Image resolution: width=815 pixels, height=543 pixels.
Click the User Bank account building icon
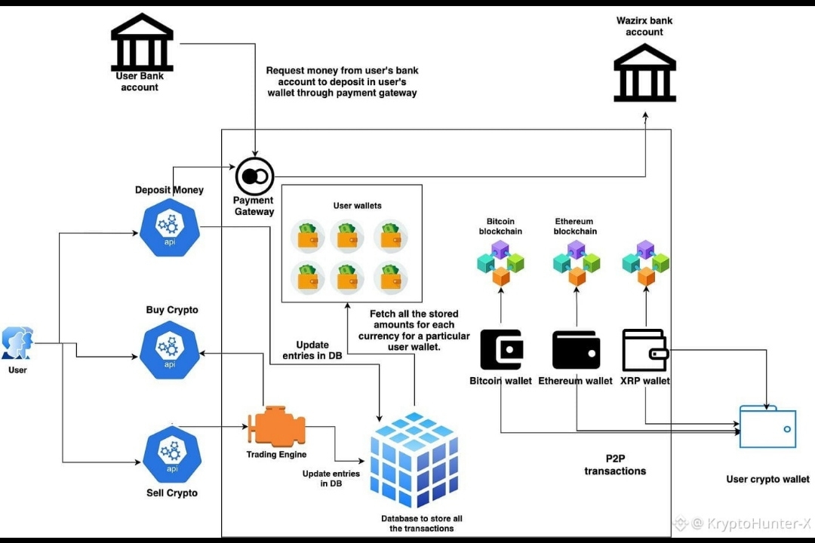[142, 41]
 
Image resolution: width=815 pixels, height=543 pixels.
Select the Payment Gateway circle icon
[255, 176]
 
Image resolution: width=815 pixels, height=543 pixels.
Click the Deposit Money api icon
[170, 227]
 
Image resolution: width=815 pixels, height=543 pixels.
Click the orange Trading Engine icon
[277, 428]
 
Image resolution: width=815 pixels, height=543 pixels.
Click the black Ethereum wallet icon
[576, 349]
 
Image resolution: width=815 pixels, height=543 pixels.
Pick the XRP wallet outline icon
[645, 349]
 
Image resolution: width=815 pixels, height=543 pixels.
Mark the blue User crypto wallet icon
[767, 427]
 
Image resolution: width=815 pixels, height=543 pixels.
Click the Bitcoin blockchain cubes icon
[500, 262]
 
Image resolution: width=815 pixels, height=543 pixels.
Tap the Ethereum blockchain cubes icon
[576, 262]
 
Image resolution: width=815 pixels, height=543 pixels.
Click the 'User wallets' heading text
[358, 205]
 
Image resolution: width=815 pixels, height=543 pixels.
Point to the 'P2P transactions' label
[615, 465]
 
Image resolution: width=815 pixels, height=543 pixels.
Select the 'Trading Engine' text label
[276, 455]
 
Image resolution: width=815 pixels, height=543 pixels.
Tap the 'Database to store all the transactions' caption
[422, 523]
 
